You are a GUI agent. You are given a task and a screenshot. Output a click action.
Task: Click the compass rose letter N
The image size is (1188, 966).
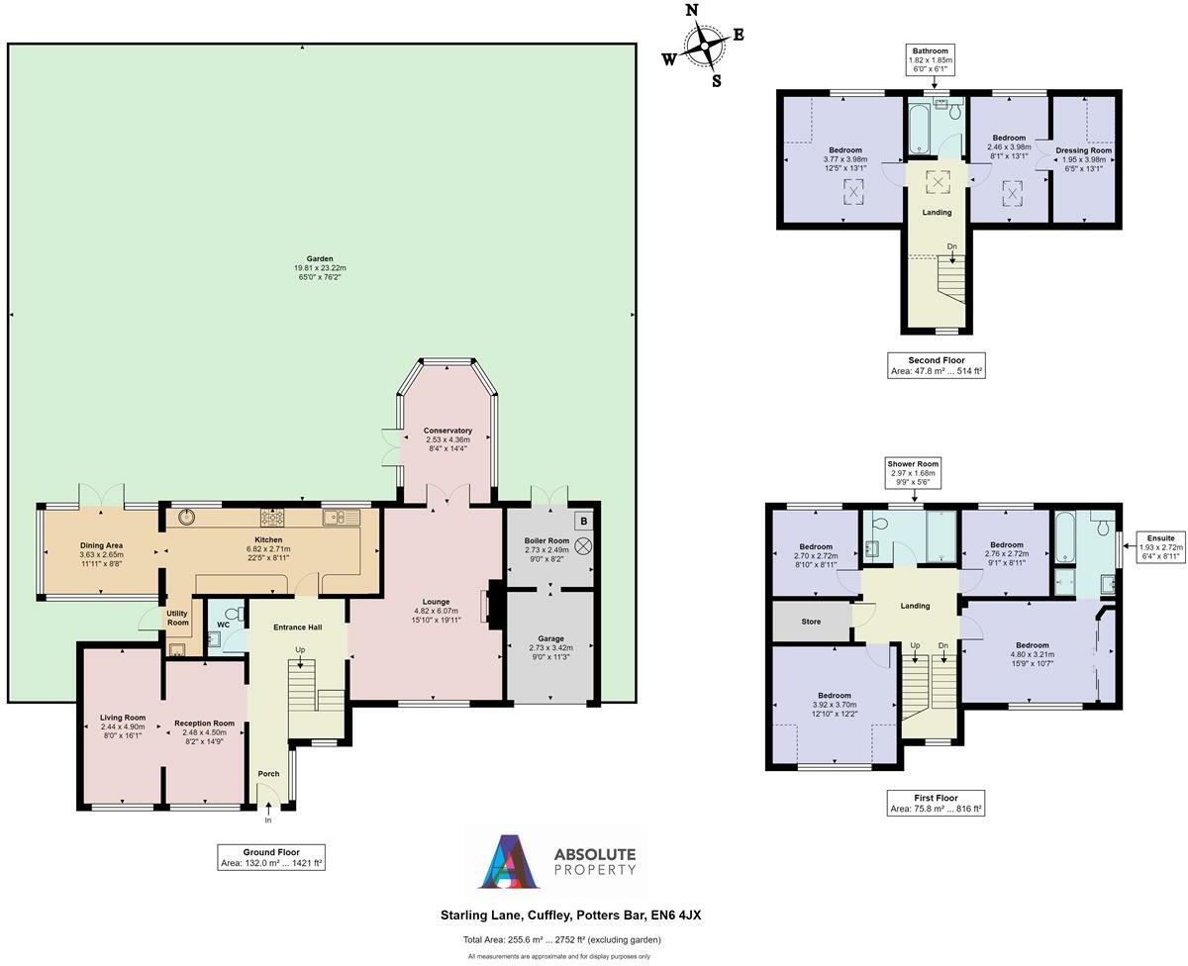[693, 11]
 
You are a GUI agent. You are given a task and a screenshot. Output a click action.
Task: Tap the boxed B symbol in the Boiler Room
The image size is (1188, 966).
[583, 521]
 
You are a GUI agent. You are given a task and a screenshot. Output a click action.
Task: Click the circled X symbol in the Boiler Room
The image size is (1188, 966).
[584, 545]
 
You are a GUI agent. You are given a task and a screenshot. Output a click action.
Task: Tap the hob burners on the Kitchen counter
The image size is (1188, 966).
[272, 517]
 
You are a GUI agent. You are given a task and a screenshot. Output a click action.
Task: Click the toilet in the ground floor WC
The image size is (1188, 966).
[233, 615]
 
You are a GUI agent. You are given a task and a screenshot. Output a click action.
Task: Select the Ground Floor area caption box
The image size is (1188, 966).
[271, 857]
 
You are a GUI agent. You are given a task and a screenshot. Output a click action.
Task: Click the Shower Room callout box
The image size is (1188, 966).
[913, 473]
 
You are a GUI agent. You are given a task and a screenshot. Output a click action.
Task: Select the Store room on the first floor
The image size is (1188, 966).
[811, 623]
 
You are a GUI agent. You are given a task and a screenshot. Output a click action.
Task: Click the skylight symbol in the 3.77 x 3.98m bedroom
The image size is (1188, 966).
[852, 192]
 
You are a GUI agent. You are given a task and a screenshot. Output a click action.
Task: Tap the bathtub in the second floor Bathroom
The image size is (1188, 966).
[919, 130]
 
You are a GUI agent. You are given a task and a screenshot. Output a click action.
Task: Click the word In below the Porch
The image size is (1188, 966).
[267, 821]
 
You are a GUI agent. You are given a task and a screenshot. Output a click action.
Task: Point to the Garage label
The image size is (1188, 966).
[550, 640]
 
